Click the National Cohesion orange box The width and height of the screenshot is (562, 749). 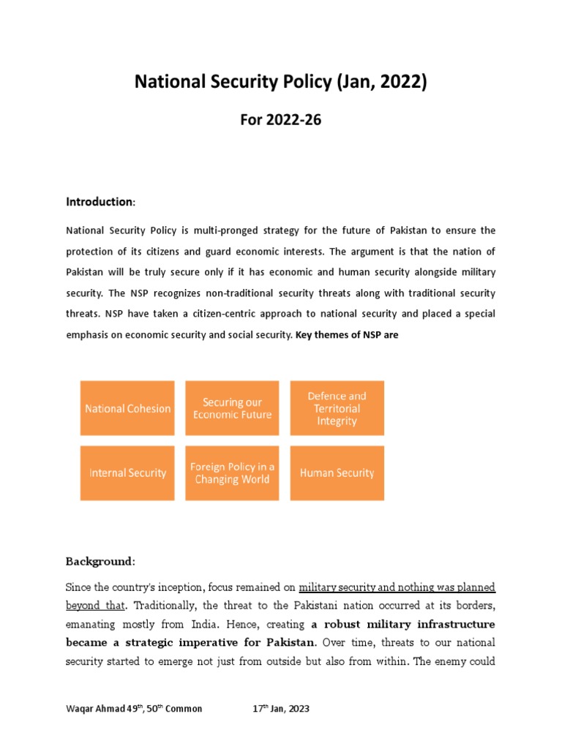pos(127,408)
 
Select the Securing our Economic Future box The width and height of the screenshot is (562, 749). pos(232,408)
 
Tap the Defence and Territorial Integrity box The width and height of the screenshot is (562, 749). pos(337,408)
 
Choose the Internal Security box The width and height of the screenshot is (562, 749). pos(127,473)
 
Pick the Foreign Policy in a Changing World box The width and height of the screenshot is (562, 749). pos(232,473)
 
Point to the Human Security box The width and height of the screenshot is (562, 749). pos(337,473)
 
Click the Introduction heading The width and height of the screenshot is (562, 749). pos(100,201)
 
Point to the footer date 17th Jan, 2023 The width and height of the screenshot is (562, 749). pos(280,708)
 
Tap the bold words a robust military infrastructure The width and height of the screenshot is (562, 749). pos(403,624)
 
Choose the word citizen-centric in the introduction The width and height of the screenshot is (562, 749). pos(218,314)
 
